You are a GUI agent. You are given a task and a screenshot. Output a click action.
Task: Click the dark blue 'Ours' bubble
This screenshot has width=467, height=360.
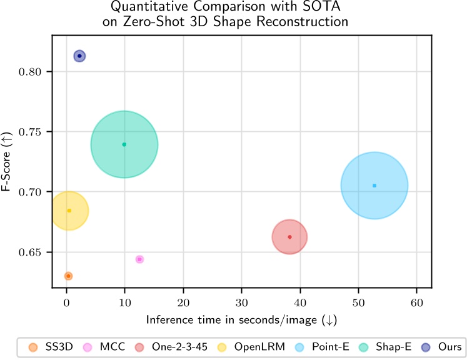point(79,56)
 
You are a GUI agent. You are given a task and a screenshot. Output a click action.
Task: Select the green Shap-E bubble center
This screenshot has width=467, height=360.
point(124,144)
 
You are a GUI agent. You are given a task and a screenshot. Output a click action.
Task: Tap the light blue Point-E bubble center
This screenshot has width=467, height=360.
point(374,186)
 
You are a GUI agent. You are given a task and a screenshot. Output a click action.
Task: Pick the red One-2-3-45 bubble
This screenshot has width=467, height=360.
point(289,237)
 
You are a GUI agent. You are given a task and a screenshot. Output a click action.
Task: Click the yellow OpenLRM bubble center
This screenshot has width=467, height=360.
point(69,211)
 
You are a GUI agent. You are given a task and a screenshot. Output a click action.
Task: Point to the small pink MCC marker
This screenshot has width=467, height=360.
point(139,259)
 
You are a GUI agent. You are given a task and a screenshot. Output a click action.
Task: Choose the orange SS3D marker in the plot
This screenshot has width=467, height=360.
point(68,276)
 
